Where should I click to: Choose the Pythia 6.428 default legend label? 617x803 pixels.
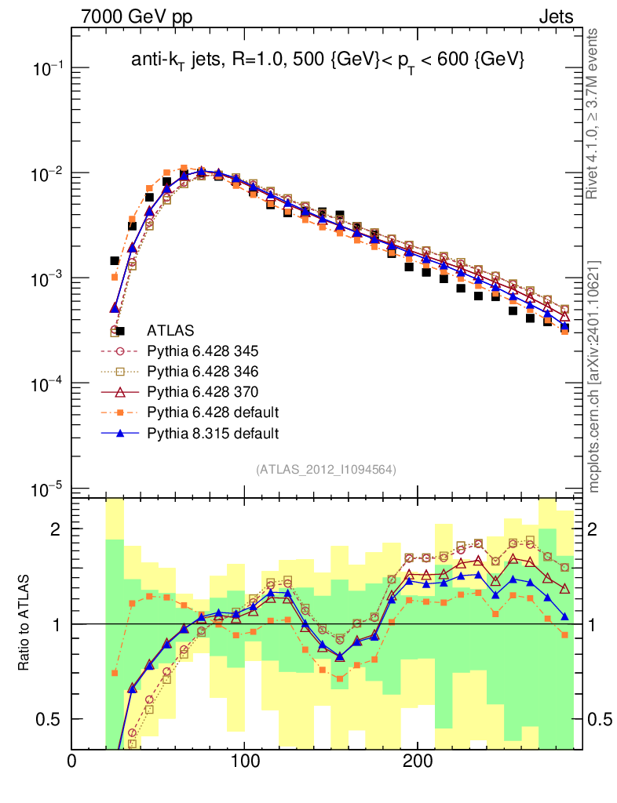pyautogui.click(x=213, y=412)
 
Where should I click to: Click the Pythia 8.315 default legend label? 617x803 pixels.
pyautogui.click(x=213, y=433)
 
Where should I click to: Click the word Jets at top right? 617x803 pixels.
pyautogui.click(x=555, y=16)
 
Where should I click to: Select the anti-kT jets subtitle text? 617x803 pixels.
pyautogui.click(x=327, y=60)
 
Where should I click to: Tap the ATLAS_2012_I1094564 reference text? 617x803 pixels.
pyautogui.click(x=326, y=470)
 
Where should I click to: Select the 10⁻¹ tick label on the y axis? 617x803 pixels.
pyautogui.click(x=47, y=68)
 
